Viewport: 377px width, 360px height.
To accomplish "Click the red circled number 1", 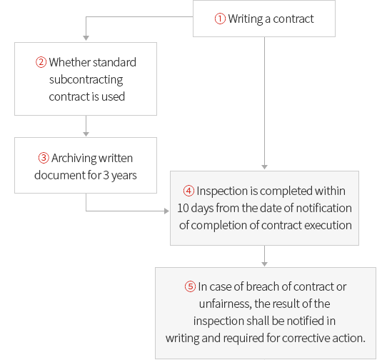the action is [x=220, y=19].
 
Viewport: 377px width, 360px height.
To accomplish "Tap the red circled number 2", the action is [x=41, y=62].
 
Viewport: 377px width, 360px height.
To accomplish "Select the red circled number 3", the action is [x=44, y=158].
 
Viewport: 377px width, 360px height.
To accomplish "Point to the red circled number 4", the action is [x=188, y=191].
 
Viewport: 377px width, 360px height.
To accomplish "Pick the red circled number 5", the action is [x=190, y=286].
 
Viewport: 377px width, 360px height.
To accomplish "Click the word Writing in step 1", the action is [x=246, y=19].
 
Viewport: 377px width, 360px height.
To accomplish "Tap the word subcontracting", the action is [x=86, y=80].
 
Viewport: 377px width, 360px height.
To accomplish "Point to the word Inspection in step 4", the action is [x=222, y=191].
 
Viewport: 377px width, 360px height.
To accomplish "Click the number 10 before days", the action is [x=183, y=209].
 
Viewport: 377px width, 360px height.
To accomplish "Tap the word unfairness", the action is [x=226, y=304].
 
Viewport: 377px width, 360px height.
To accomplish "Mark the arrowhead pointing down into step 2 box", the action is [x=86, y=38].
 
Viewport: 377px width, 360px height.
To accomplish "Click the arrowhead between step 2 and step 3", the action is [x=86, y=134].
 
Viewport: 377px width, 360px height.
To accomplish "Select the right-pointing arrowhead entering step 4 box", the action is [x=166, y=211].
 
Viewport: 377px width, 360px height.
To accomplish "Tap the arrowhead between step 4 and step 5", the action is [x=264, y=264].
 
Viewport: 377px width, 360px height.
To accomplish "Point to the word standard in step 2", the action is [x=114, y=62].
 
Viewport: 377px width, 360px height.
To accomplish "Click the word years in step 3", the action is [x=124, y=176].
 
